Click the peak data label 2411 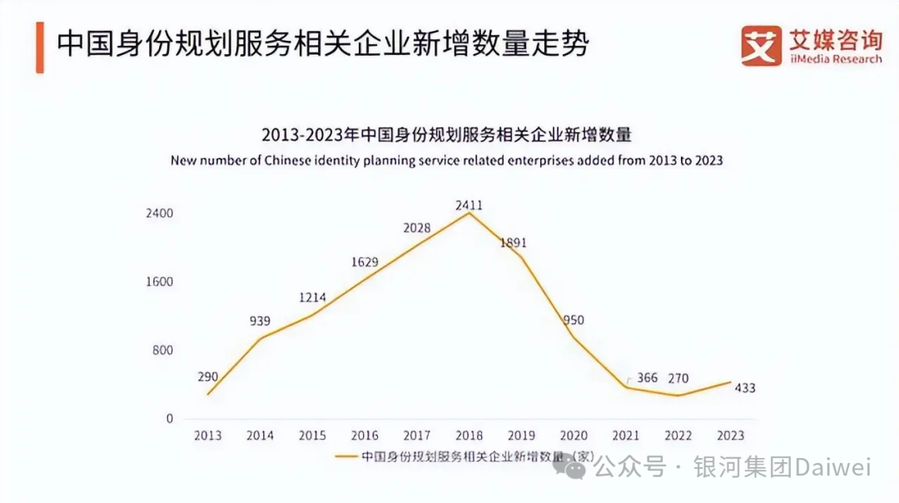click(469, 205)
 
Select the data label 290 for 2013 click(207, 377)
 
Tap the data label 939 click(260, 321)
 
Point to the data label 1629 click(364, 262)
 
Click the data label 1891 click(514, 243)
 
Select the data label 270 click(678, 378)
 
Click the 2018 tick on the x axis click(469, 435)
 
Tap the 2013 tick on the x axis click(207, 435)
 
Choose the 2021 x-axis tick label click(626, 435)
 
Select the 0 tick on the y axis click(169, 418)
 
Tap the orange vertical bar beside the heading click(39, 47)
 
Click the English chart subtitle click(446, 160)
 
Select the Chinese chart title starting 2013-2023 click(447, 135)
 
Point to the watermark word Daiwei click(832, 468)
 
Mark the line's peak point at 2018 click(469, 214)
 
